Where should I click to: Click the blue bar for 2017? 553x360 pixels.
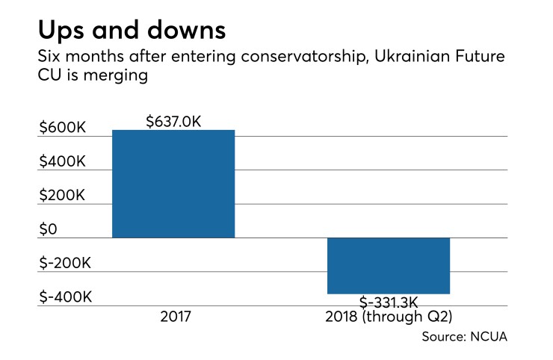(173, 184)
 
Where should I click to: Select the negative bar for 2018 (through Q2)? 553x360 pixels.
(389, 266)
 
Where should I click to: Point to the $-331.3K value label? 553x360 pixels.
(388, 302)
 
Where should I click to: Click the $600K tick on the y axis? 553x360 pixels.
(62, 128)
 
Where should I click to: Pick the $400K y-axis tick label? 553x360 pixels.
(62, 162)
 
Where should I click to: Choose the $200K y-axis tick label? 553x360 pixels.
(62, 196)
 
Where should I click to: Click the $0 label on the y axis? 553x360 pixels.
(50, 229)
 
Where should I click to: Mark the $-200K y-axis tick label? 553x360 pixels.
(65, 264)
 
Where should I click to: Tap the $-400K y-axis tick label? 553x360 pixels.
(65, 297)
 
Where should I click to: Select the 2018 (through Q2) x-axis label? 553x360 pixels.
(389, 317)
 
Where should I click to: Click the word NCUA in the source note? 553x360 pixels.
(490, 337)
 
